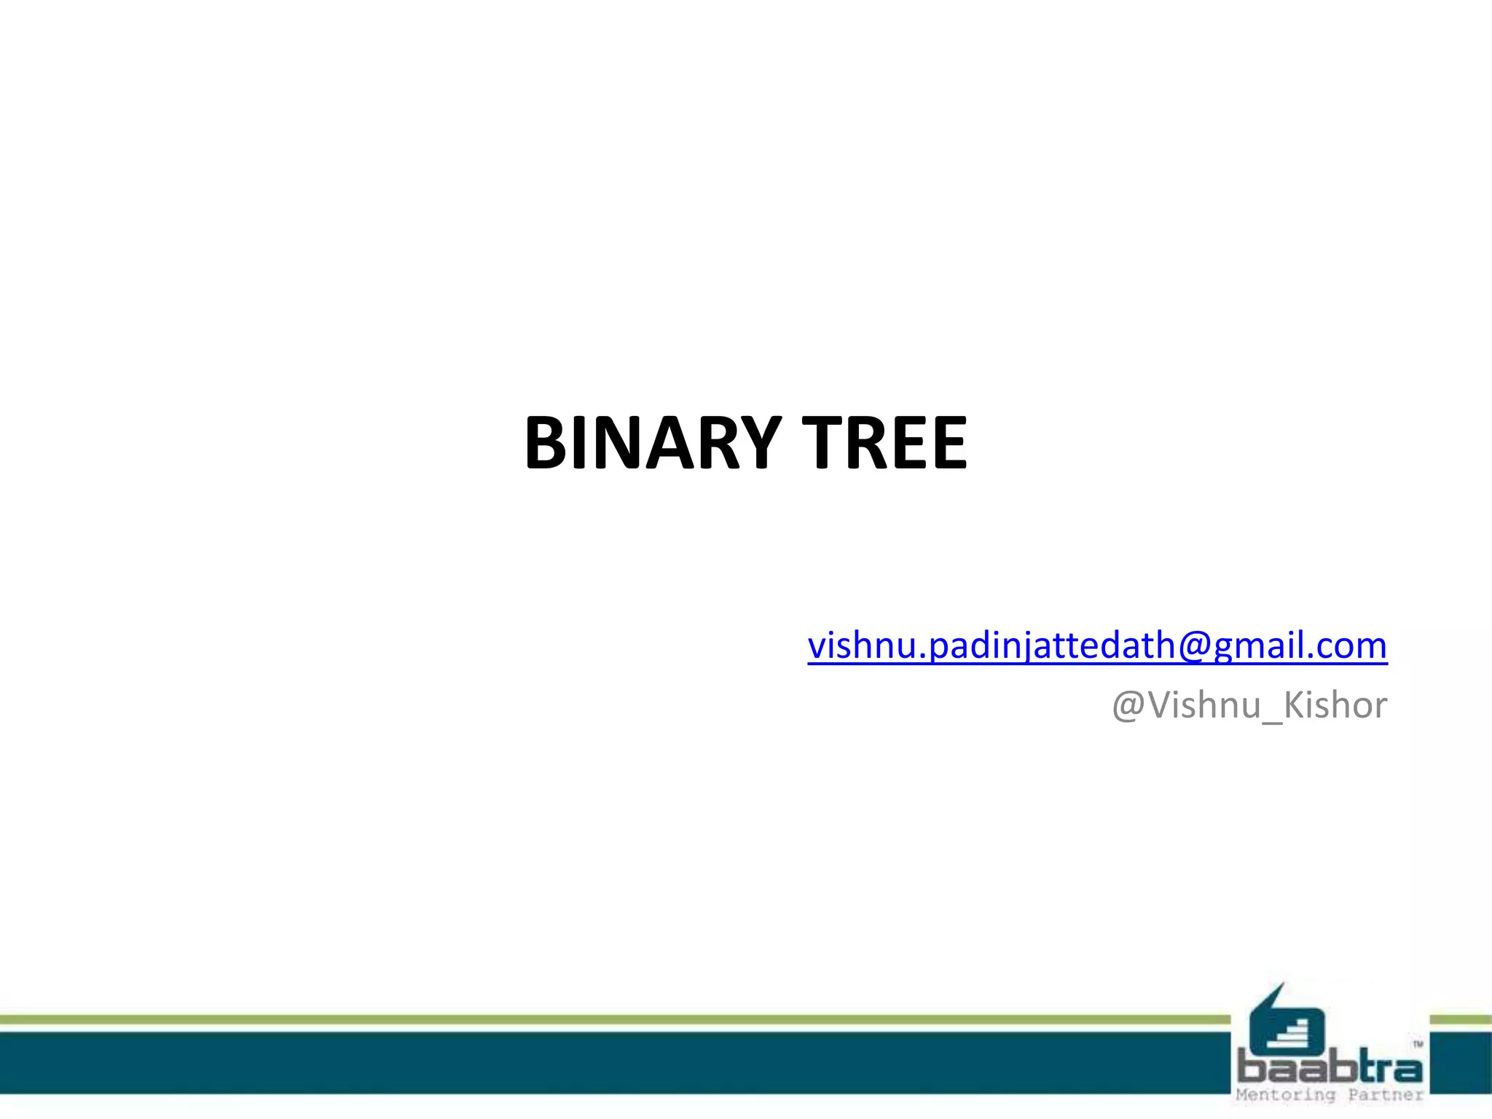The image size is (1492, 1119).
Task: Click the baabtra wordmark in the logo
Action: (1329, 1069)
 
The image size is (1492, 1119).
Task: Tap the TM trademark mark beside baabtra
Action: (1418, 1045)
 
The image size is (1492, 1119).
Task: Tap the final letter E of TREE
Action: (946, 443)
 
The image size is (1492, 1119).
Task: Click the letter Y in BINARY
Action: (758, 443)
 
